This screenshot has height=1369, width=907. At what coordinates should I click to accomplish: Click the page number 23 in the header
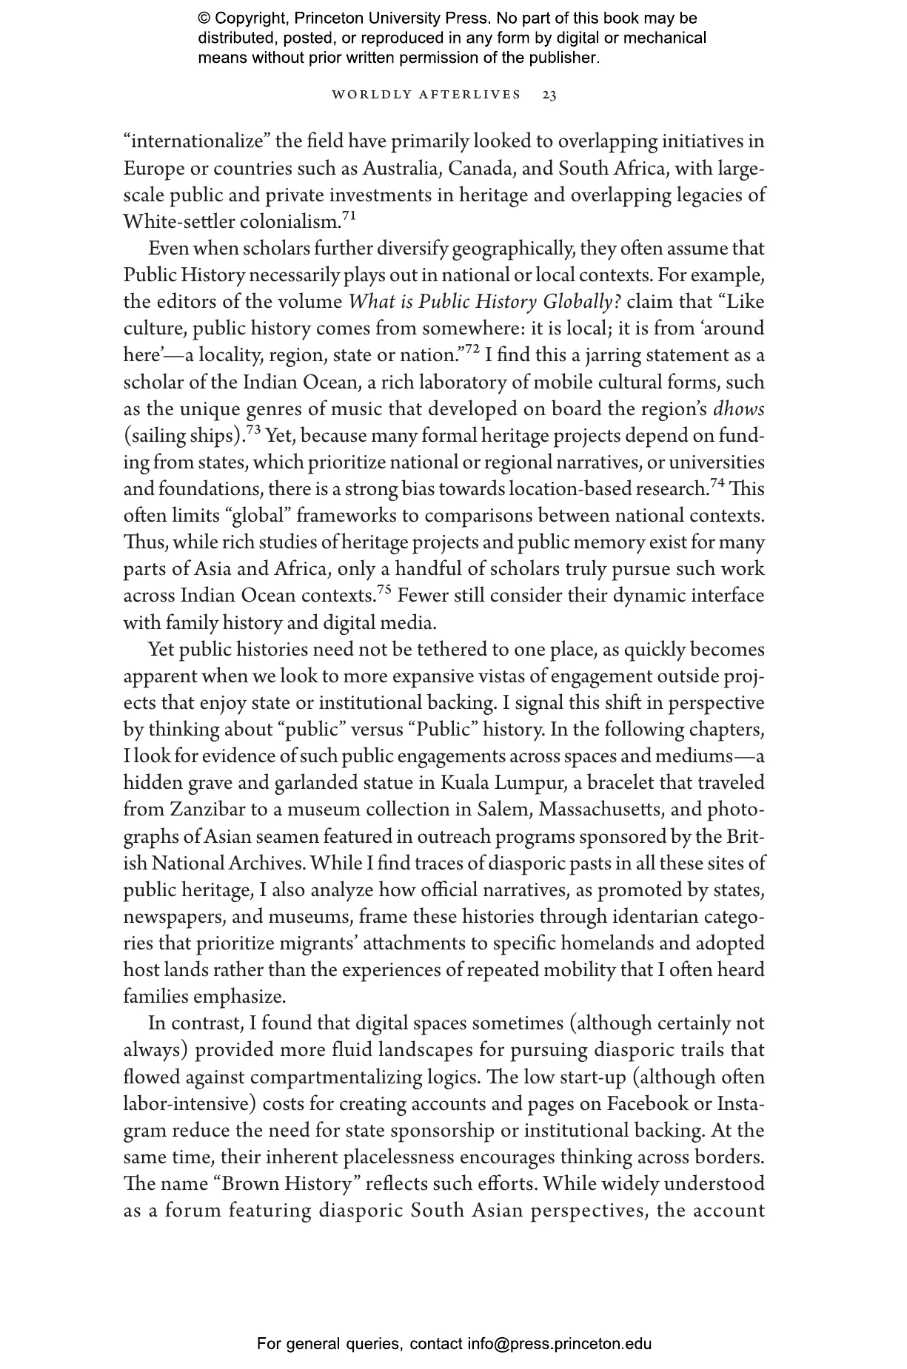point(549,95)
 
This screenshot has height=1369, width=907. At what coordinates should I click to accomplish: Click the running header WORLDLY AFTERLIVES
point(426,95)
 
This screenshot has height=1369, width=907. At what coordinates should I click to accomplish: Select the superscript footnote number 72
point(472,350)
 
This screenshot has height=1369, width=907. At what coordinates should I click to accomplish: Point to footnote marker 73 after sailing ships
point(253,430)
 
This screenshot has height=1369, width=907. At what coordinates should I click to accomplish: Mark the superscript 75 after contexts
point(384,590)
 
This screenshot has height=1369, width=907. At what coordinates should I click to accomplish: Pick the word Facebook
point(646,1103)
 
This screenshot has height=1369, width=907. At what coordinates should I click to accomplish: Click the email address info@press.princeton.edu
point(559,1344)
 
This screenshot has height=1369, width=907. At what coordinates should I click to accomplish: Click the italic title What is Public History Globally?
point(484,303)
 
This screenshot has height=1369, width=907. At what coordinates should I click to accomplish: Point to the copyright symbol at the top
point(204,18)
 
